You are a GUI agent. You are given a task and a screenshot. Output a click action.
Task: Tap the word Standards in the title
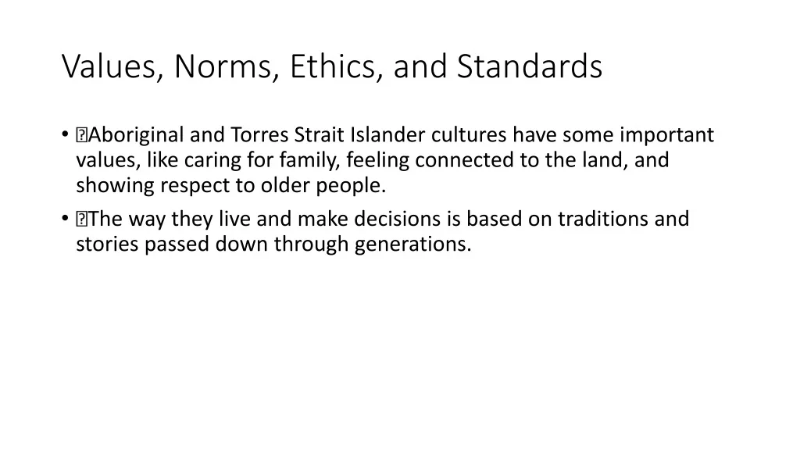click(x=530, y=66)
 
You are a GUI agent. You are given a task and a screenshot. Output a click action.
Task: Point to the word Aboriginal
click(x=136, y=135)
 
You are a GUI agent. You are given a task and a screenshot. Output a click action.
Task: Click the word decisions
click(x=398, y=219)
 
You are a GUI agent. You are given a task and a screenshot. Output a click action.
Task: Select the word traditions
click(x=603, y=219)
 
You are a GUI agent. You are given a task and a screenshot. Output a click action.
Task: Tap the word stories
click(x=107, y=245)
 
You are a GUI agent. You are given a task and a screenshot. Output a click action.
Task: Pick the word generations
click(x=412, y=245)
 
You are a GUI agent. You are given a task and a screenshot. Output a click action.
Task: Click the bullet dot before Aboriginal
click(x=65, y=134)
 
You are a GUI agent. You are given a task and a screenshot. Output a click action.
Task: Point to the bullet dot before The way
click(x=65, y=219)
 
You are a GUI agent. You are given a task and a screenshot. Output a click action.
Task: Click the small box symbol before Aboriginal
click(x=81, y=135)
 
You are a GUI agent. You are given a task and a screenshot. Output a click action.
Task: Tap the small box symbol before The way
click(x=81, y=220)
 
